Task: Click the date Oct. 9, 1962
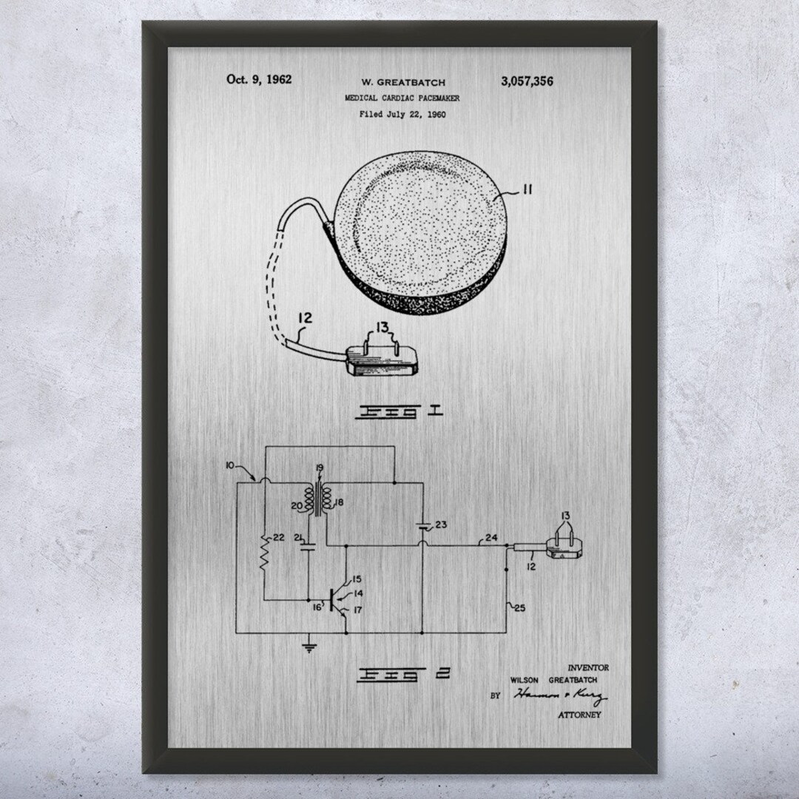(258, 78)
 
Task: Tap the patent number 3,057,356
(527, 81)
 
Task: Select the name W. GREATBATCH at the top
(402, 82)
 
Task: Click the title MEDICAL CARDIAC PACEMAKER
(402, 98)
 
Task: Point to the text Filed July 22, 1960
(402, 114)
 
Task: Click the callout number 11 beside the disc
(526, 190)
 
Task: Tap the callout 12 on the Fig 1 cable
(305, 319)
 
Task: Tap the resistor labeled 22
(264, 550)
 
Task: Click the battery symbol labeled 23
(421, 527)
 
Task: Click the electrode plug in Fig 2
(566, 548)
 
